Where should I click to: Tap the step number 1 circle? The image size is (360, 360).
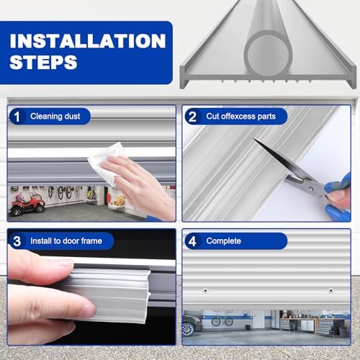coord(17,116)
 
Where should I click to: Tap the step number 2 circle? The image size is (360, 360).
coord(192,116)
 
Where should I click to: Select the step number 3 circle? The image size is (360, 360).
coord(17,240)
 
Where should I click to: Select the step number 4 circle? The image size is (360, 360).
coord(192,240)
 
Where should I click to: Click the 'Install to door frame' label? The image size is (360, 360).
coord(68,240)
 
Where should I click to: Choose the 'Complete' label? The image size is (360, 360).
coord(223,240)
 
